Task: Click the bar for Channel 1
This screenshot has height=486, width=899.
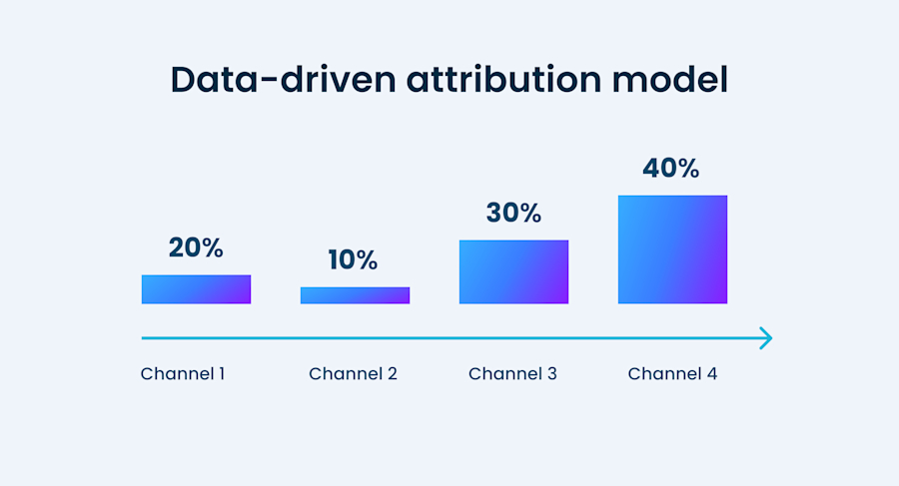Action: point(196,288)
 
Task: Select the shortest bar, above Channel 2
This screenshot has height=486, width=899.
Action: point(355,295)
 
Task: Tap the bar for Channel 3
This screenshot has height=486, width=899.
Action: point(513,271)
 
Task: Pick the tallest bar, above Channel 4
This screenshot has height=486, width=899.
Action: point(672,248)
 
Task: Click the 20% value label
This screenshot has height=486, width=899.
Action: point(196,247)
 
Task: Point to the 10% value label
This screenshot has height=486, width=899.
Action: point(354,260)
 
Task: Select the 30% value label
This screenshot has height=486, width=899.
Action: point(513,213)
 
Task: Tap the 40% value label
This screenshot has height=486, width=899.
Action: point(671,168)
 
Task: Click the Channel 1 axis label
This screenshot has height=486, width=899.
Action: point(183,374)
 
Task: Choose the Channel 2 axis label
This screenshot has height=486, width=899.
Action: point(353,374)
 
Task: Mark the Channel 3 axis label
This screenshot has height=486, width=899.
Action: point(512,374)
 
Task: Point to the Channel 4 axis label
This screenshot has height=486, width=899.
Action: point(672,374)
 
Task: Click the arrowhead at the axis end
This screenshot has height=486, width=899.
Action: point(766,338)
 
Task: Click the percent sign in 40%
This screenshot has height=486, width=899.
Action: point(686,168)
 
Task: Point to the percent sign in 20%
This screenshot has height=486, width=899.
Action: point(211,247)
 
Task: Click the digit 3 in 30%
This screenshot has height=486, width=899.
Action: point(495,213)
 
